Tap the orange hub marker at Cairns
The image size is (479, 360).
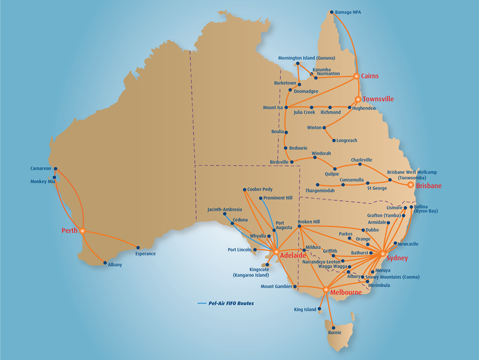[356, 76]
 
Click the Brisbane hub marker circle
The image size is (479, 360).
[411, 184]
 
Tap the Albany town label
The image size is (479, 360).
[115, 265]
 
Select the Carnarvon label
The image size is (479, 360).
[41, 168]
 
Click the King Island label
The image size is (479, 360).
[305, 310]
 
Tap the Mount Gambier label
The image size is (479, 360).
[276, 287]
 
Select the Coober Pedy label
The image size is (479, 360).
[260, 189]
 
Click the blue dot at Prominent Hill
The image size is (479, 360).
[261, 198]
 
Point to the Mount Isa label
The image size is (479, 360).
[272, 107]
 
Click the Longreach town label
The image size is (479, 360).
[348, 140]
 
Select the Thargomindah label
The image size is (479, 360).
[320, 191]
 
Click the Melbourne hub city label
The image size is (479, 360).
[345, 292]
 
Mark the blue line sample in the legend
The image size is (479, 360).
[201, 304]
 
